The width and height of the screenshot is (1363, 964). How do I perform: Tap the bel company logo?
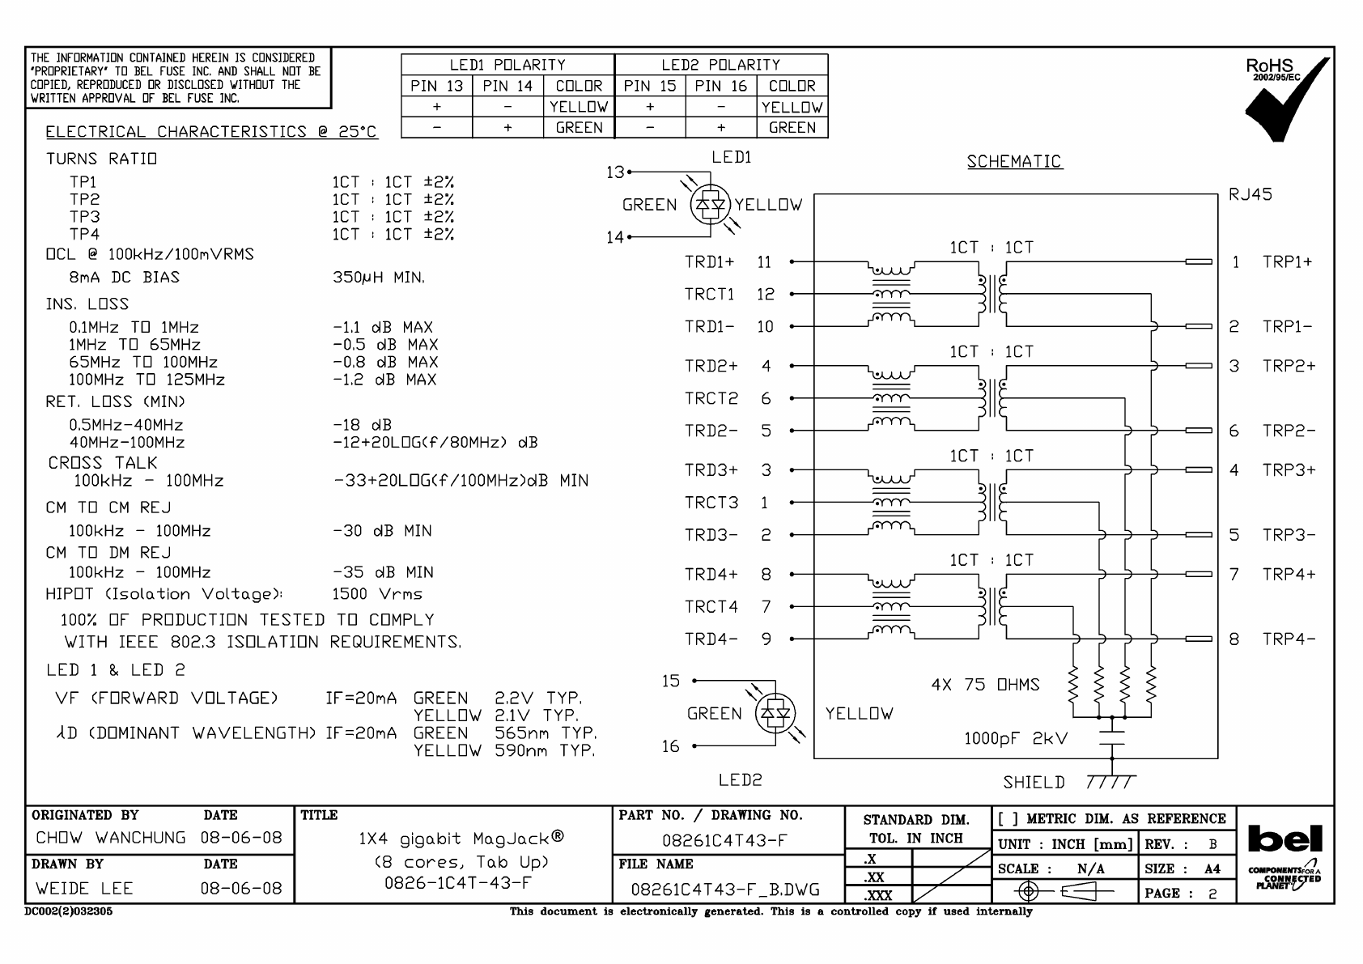(x=1285, y=839)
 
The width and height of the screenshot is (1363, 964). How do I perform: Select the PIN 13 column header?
(x=436, y=86)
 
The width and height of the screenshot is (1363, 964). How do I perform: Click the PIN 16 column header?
(x=720, y=86)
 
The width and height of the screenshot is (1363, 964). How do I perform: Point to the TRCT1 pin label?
(x=709, y=294)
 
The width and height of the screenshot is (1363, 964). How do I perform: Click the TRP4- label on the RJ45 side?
(x=1289, y=639)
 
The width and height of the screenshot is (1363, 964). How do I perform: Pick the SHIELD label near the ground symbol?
(x=1034, y=782)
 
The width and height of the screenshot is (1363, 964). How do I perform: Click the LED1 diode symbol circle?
(x=711, y=206)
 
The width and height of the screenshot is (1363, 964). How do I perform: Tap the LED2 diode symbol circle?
(x=775, y=714)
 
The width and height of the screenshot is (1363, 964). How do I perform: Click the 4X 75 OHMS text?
(x=985, y=685)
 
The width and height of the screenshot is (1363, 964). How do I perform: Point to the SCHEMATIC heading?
(x=1013, y=162)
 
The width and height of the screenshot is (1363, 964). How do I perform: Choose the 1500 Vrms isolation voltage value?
(x=377, y=594)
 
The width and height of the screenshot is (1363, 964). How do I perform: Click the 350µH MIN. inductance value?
(x=378, y=278)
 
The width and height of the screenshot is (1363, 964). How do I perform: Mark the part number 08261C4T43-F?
(x=724, y=840)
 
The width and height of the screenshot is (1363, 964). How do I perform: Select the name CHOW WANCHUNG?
(x=111, y=838)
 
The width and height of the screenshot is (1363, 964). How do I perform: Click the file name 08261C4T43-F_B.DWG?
(x=725, y=890)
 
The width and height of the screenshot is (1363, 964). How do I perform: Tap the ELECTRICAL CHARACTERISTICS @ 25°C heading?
(x=211, y=132)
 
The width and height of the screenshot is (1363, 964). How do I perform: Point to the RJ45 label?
(x=1250, y=195)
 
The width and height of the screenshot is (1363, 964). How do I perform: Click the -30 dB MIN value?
(x=382, y=531)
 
